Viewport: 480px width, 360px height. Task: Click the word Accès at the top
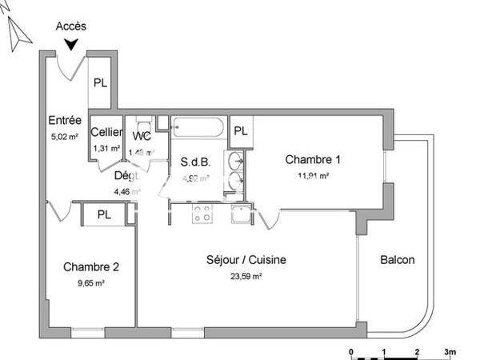(71, 26)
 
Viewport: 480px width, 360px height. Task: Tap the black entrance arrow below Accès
(73, 45)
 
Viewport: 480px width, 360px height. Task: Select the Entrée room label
(65, 121)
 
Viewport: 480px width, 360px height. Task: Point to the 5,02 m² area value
(65, 136)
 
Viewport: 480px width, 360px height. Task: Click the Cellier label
(106, 133)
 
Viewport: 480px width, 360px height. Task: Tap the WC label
(142, 135)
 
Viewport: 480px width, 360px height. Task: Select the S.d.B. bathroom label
(195, 162)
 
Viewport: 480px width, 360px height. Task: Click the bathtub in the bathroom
(198, 129)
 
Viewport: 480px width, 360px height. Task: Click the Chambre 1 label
(307, 159)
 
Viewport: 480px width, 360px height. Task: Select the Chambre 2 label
(92, 266)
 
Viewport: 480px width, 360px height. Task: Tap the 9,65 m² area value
(91, 282)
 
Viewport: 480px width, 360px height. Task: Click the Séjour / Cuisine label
(246, 260)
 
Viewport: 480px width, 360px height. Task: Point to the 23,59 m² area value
(246, 276)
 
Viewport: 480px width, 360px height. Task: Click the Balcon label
(398, 260)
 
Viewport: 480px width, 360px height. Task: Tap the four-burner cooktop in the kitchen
(202, 214)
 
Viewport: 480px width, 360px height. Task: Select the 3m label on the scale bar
(450, 351)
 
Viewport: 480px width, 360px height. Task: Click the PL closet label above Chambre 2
(104, 214)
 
